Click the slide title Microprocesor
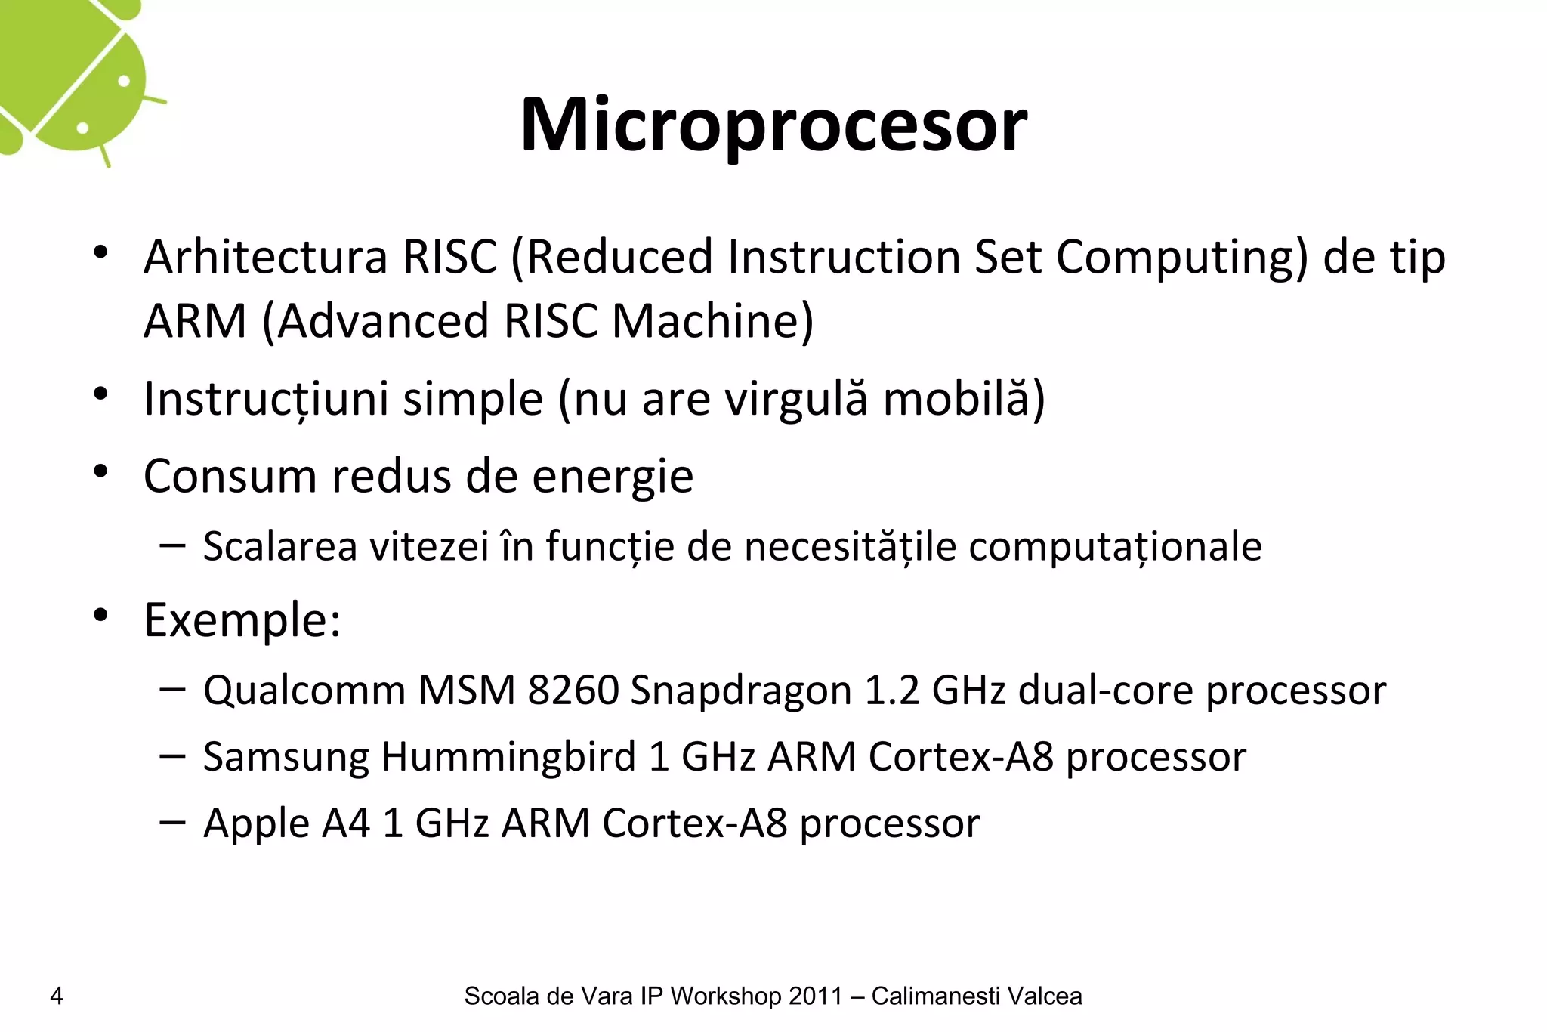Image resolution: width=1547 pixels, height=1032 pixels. (773, 125)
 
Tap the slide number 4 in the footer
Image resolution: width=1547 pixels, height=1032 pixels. (56, 996)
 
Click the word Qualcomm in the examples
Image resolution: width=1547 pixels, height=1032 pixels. (304, 691)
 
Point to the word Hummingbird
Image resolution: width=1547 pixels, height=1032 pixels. (508, 757)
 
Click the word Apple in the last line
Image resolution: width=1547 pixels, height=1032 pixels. (256, 823)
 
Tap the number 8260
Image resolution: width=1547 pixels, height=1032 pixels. (573, 691)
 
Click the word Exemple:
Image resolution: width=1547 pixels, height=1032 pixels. (242, 621)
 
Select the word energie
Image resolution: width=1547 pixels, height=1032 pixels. (613, 477)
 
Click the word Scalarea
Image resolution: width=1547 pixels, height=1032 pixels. (279, 546)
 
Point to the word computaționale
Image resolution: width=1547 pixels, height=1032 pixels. (1115, 546)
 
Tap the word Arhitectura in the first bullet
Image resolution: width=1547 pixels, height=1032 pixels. (265, 257)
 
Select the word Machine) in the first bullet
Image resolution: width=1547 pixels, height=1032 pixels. (712, 321)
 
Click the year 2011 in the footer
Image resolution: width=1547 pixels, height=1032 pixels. (815, 996)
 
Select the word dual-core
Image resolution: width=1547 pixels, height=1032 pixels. (1105, 691)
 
